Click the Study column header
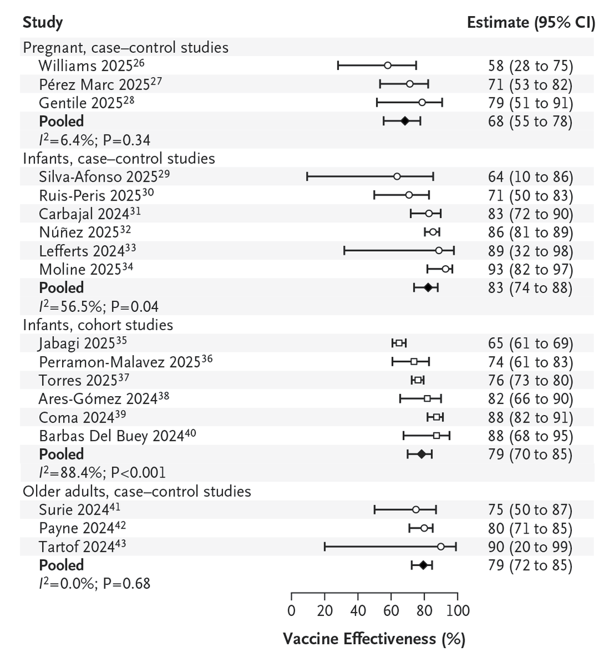click(x=42, y=23)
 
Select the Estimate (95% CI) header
click(x=531, y=23)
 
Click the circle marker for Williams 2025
click(x=388, y=66)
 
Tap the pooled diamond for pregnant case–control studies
click(x=405, y=121)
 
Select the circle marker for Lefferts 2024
click(x=439, y=251)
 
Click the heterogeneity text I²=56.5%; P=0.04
click(x=91, y=306)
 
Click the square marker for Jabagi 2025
click(x=399, y=344)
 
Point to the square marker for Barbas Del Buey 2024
click(x=437, y=436)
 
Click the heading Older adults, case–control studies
click(x=137, y=491)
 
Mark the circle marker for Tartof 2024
click(x=441, y=547)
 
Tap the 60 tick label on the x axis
click(x=391, y=611)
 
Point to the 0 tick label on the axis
click(x=292, y=611)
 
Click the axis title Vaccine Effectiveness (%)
click(x=374, y=639)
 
